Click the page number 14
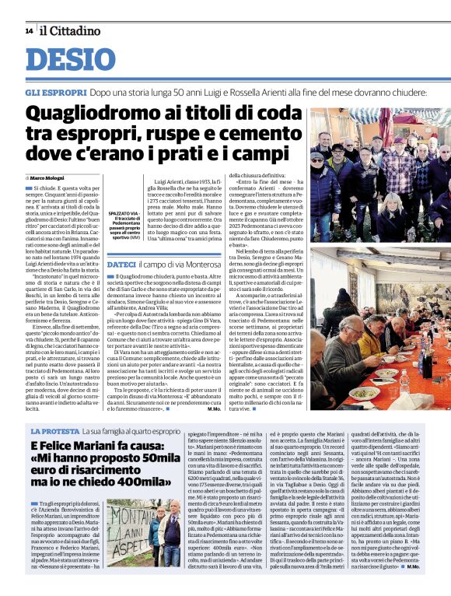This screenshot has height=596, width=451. click(x=28, y=31)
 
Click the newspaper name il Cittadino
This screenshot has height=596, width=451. click(x=71, y=31)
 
